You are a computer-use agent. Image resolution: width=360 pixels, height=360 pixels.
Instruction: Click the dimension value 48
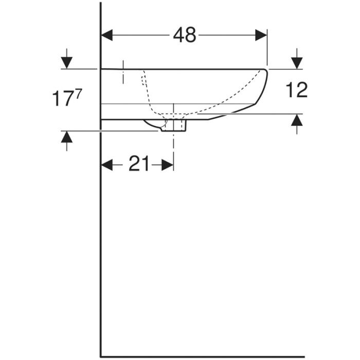pyautogui.click(x=184, y=35)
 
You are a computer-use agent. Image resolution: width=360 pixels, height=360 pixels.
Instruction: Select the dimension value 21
pyautogui.click(x=138, y=164)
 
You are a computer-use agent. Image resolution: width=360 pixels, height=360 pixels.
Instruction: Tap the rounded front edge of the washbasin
pyautogui.click(x=265, y=85)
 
